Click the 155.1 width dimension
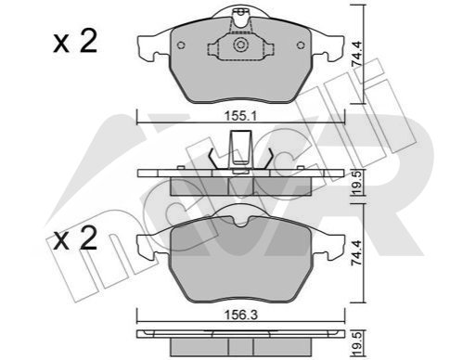click(x=240, y=116)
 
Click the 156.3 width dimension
click(x=240, y=315)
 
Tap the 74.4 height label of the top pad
click(x=357, y=55)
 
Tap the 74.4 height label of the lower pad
click(x=357, y=252)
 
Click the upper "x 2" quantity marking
click(x=75, y=42)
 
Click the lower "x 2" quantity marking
click(x=75, y=238)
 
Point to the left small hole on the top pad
click(x=181, y=45)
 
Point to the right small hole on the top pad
click(x=301, y=45)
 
